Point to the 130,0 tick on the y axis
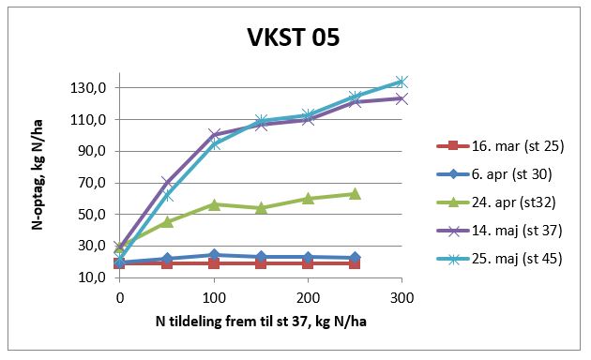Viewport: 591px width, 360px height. [x=91, y=88]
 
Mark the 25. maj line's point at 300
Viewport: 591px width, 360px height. [x=402, y=82]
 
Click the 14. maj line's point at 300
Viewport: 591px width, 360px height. [x=402, y=98]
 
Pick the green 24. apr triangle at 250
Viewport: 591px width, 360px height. [x=355, y=194]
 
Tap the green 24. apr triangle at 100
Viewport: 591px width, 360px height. [x=214, y=204]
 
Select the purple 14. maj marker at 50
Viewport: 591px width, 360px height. [x=167, y=182]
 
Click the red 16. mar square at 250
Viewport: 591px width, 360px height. [x=355, y=263]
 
